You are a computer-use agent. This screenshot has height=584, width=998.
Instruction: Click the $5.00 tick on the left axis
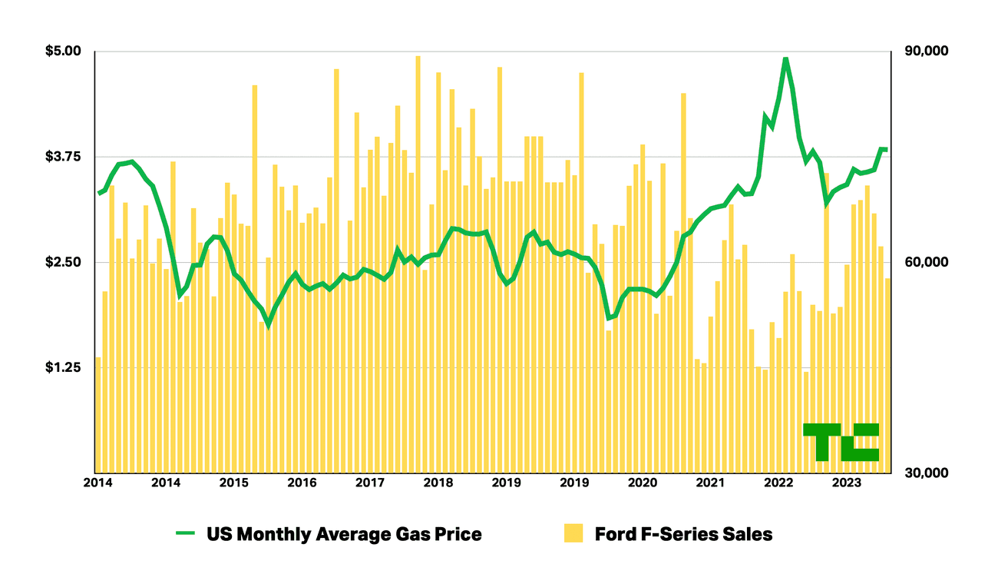(63, 51)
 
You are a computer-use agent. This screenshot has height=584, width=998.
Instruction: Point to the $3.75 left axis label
(63, 157)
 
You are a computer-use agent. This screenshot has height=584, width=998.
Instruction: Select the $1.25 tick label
(63, 368)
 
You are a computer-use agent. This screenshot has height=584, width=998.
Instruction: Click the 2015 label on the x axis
(233, 483)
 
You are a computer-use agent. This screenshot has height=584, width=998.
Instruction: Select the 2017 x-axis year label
(370, 483)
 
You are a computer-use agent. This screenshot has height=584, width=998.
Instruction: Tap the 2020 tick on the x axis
(643, 483)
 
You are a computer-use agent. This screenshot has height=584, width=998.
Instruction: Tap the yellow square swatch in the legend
(573, 533)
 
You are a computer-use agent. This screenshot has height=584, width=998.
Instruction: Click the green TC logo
(841, 442)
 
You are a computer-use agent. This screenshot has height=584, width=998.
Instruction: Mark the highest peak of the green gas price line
(785, 59)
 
